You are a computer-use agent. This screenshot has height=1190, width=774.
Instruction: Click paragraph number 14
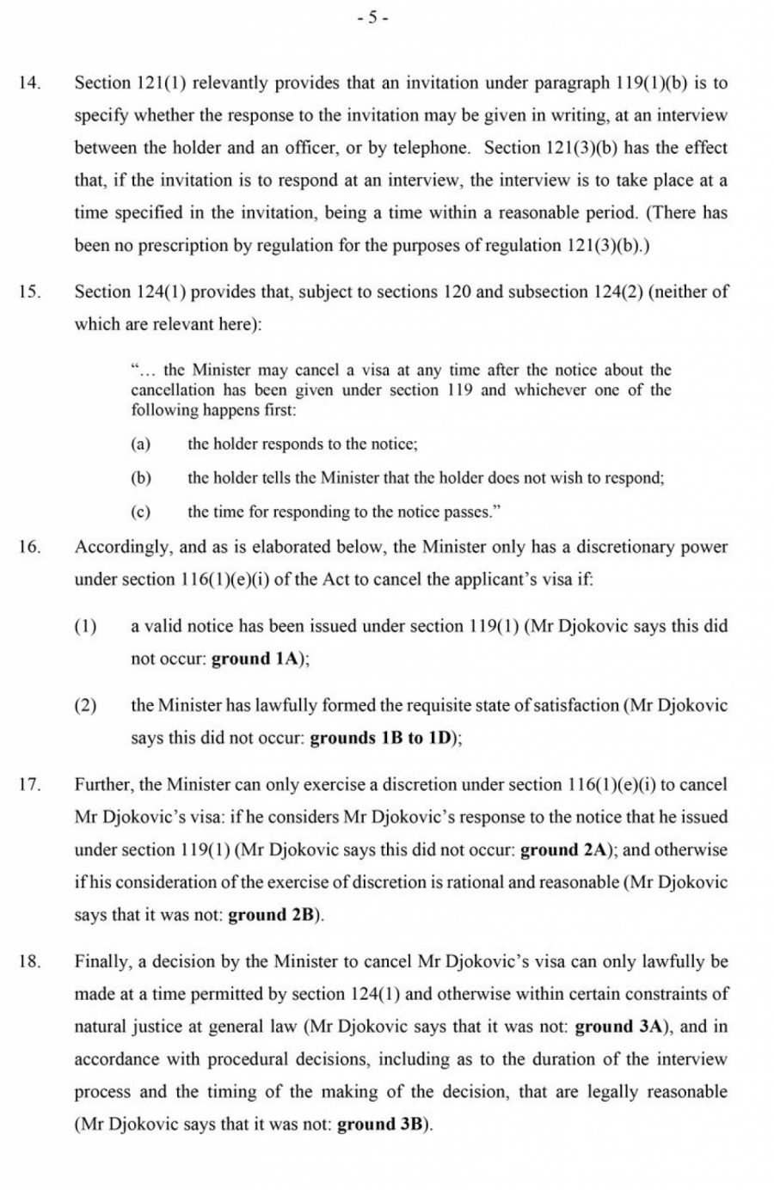pos(29,83)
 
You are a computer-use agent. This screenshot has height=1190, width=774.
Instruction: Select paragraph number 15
pos(29,291)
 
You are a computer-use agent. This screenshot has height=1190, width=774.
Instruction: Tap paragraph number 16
pos(29,547)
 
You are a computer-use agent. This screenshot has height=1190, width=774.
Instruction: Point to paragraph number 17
pos(29,784)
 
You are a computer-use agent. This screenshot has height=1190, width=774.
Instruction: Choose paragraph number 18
pos(29,961)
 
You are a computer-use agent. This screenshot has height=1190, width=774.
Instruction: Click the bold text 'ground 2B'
pos(273,915)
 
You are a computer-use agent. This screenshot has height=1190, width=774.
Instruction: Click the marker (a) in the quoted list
pos(140,445)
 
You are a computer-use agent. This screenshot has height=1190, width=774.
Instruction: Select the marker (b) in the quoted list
pos(140,478)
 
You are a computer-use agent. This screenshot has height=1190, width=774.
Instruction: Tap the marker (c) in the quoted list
pos(140,512)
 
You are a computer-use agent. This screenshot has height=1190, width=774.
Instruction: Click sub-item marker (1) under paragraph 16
pos(85,626)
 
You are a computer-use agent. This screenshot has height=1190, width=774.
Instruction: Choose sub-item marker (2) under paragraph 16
pos(85,705)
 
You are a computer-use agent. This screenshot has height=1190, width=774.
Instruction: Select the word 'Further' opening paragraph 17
pos(102,784)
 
